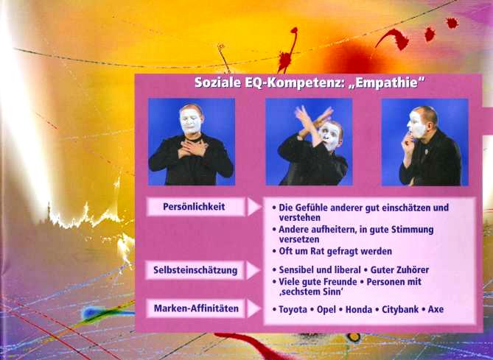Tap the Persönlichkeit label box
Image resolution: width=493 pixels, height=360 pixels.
coord(195,207)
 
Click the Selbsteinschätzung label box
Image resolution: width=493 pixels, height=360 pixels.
coord(195,270)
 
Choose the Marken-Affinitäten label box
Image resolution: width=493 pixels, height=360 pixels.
coord(195,308)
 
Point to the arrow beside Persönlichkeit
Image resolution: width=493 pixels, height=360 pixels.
coord(254,207)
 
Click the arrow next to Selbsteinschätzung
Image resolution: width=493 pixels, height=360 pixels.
coord(254,270)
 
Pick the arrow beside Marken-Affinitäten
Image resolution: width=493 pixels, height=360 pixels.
coord(254,308)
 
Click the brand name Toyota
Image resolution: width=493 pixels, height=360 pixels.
coord(293,310)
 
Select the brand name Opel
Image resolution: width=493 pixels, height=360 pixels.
coord(326,310)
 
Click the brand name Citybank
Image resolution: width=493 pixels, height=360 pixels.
coord(400,310)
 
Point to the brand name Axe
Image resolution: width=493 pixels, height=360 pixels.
coord(436,310)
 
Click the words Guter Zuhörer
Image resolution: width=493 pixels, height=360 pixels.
coord(399,270)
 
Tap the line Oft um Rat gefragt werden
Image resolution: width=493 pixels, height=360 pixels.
coord(335,251)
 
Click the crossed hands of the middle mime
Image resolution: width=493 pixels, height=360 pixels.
coord(312,121)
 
